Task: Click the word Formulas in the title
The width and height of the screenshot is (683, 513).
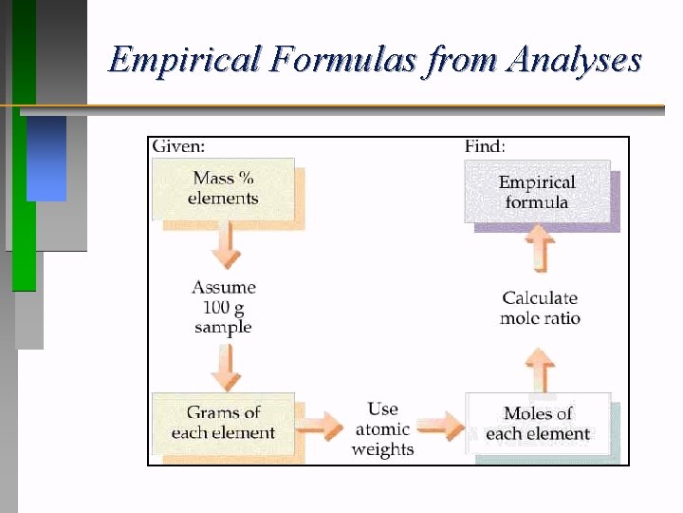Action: (x=342, y=61)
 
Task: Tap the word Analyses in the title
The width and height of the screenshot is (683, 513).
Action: (x=574, y=61)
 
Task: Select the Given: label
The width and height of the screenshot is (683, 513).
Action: (x=178, y=146)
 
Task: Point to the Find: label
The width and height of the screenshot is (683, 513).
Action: (x=485, y=146)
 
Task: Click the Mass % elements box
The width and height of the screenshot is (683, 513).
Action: (x=224, y=189)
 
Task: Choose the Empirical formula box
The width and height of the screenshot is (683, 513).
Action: (x=537, y=192)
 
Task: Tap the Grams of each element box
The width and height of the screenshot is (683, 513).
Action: (x=224, y=423)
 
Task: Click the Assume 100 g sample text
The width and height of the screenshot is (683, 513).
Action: (x=224, y=307)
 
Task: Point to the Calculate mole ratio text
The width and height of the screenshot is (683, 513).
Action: (x=540, y=308)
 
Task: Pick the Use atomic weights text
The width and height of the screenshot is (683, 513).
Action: (x=382, y=428)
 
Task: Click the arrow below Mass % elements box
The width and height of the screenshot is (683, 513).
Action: (x=225, y=247)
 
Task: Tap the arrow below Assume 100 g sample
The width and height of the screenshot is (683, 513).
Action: (x=225, y=366)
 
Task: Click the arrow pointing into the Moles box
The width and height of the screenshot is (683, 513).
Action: (x=440, y=424)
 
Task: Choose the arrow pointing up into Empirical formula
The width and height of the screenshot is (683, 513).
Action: (x=540, y=252)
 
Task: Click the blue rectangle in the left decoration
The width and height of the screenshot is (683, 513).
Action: (x=46, y=158)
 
